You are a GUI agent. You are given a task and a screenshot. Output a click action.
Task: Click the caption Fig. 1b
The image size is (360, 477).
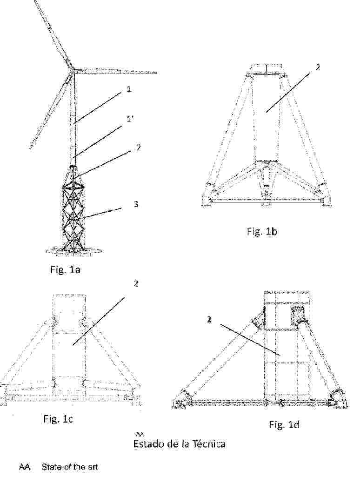[262, 231]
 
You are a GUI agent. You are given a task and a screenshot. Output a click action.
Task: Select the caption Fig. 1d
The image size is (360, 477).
[284, 424]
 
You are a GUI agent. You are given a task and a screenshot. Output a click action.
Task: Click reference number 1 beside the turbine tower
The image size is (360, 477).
[129, 89]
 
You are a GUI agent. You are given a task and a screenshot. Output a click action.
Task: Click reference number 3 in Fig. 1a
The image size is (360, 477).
[136, 203]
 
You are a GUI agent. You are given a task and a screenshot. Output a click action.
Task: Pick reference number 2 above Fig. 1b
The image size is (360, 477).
[318, 68]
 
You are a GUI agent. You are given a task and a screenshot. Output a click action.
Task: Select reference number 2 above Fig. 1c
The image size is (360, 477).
[136, 283]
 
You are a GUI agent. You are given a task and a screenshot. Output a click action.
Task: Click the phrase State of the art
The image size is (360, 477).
[70, 467]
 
